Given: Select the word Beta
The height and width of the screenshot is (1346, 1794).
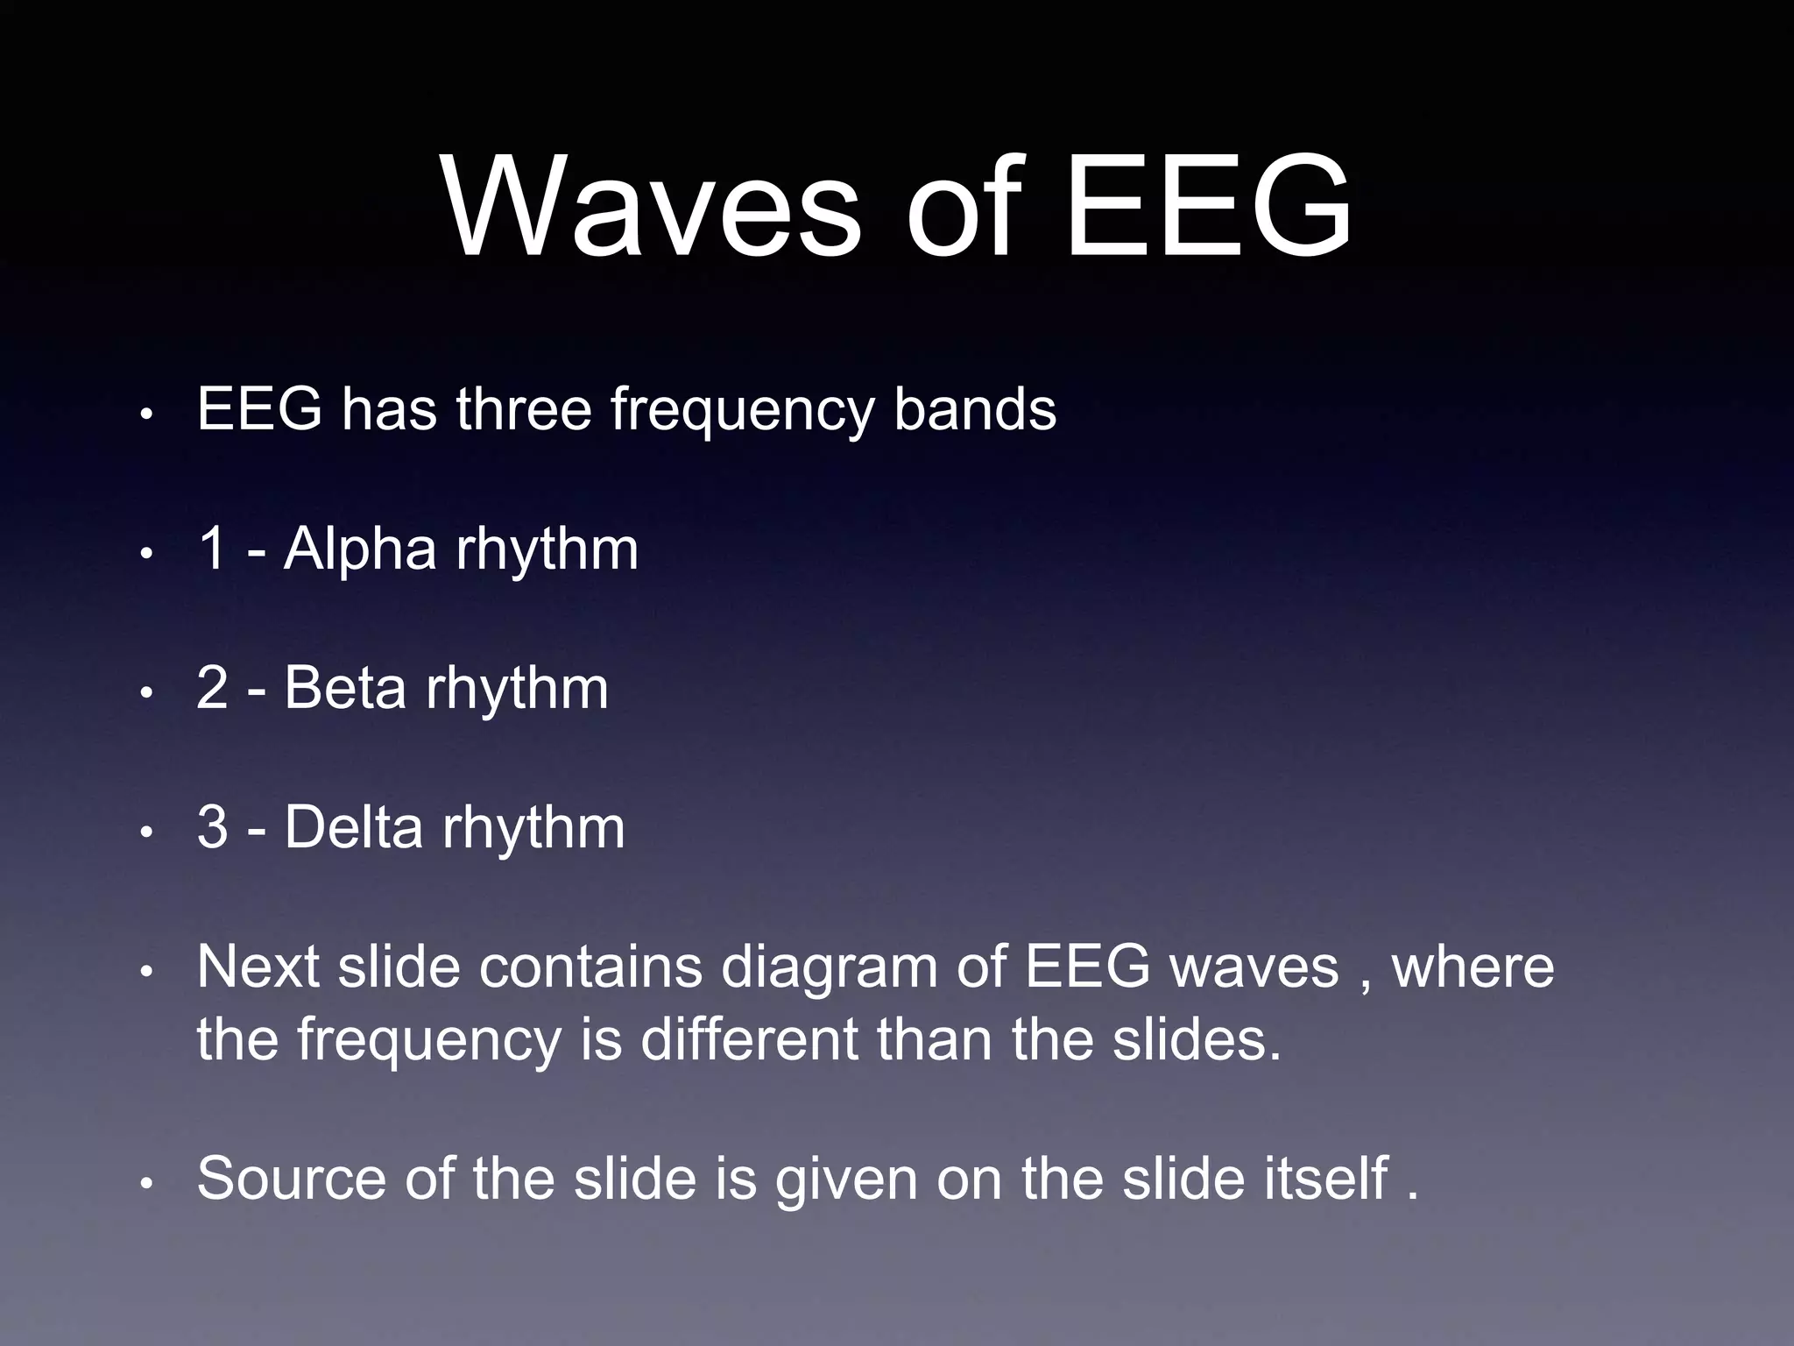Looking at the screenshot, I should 345,688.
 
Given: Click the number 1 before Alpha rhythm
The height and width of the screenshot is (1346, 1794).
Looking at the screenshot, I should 213,549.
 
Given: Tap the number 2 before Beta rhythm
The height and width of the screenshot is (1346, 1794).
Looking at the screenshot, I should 213,688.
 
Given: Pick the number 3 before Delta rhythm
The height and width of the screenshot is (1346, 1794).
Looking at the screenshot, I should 213,827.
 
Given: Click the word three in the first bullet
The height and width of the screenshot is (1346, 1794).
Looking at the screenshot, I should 523,409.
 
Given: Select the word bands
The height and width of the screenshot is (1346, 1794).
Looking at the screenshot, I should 974,409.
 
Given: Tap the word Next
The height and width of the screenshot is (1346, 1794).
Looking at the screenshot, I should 258,967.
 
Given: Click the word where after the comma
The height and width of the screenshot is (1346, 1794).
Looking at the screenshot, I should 1473,967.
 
